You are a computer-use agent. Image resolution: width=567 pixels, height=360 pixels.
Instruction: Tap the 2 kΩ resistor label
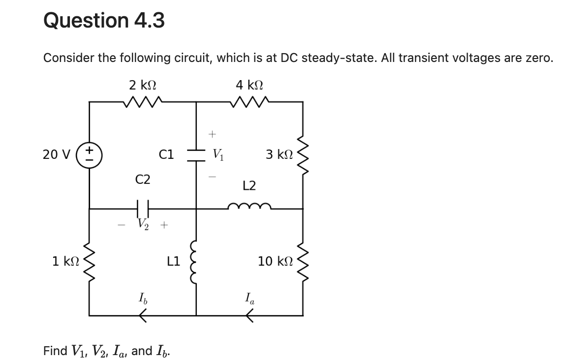tap(143, 85)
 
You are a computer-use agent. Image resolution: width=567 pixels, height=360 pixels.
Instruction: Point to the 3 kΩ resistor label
tap(280, 154)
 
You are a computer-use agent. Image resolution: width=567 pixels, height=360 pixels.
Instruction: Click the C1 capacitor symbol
tap(197, 154)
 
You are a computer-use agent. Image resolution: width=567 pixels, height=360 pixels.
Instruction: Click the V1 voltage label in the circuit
tap(218, 155)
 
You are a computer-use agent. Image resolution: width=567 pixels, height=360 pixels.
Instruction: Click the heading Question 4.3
tap(104, 20)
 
